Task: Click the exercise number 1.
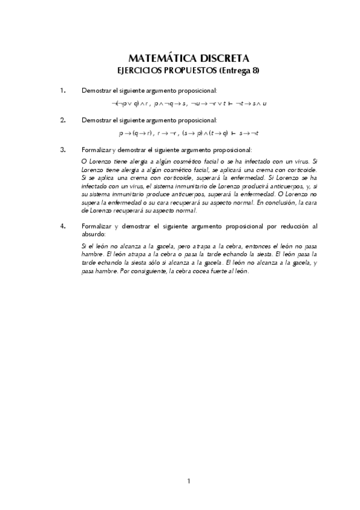(63, 90)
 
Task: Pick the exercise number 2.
(63, 120)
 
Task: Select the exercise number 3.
(63, 149)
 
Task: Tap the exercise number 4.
(63, 226)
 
